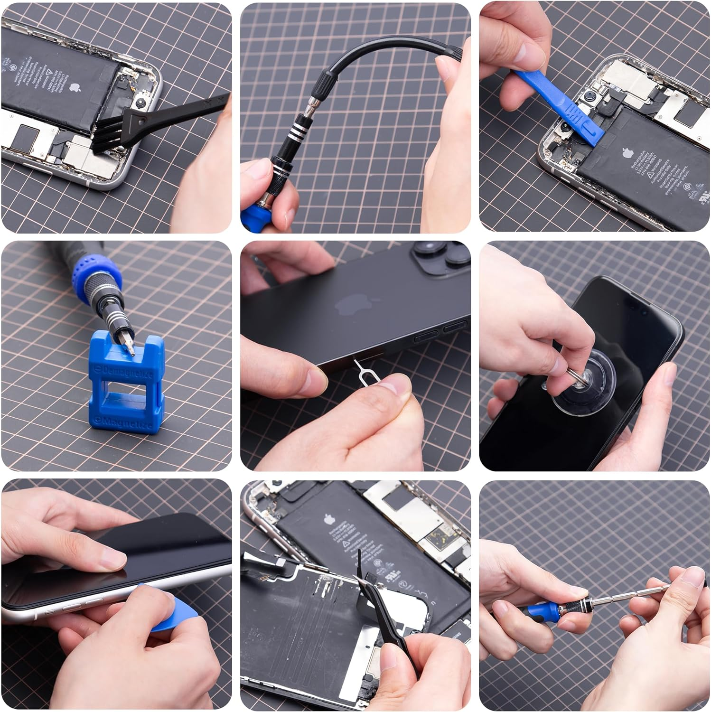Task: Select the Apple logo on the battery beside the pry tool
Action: [x=627, y=153]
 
